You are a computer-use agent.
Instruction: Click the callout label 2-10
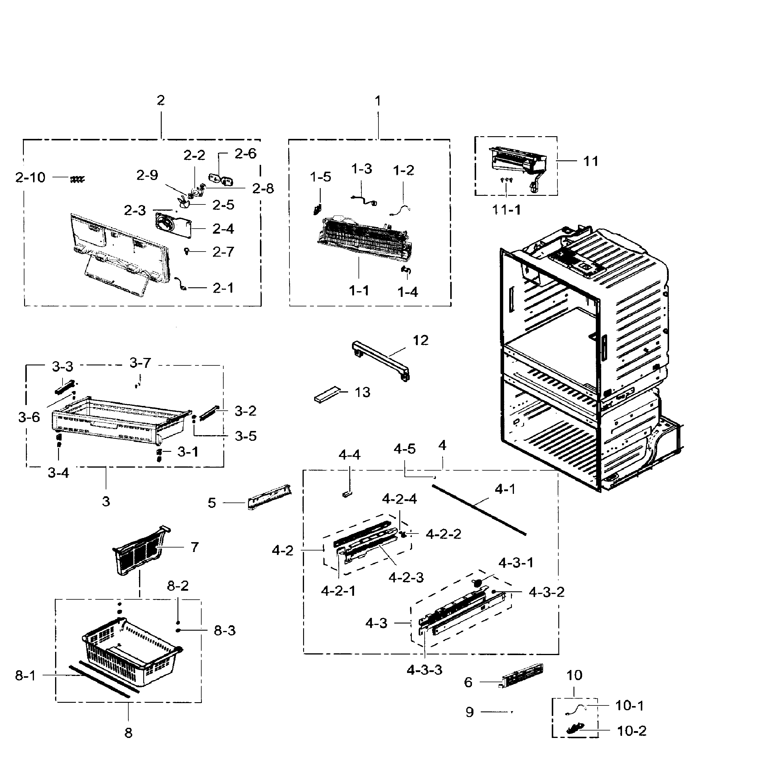coord(30,178)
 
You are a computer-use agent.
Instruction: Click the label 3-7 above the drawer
coord(140,362)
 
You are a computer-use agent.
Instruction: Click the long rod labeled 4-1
coord(479,510)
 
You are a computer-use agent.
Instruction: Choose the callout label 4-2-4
coord(399,499)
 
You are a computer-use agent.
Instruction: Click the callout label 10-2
coord(631,730)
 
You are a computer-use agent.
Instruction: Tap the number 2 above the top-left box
coord(160,100)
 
